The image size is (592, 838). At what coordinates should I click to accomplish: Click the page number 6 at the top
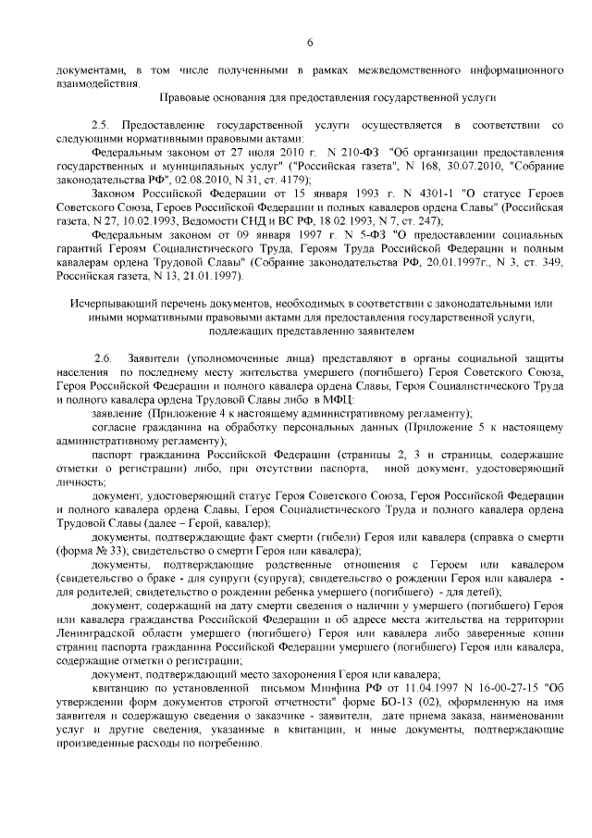tap(310, 42)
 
